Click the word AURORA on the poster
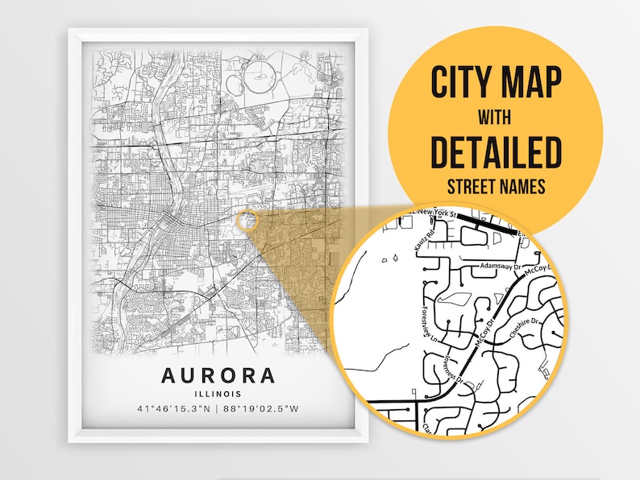[x=218, y=375]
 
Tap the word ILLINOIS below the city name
[x=218, y=394]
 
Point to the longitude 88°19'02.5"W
[x=262, y=410]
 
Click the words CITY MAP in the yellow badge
[x=496, y=83]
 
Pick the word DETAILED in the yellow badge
[x=496, y=152]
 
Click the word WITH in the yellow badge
[x=495, y=118]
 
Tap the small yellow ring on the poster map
[x=247, y=220]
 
